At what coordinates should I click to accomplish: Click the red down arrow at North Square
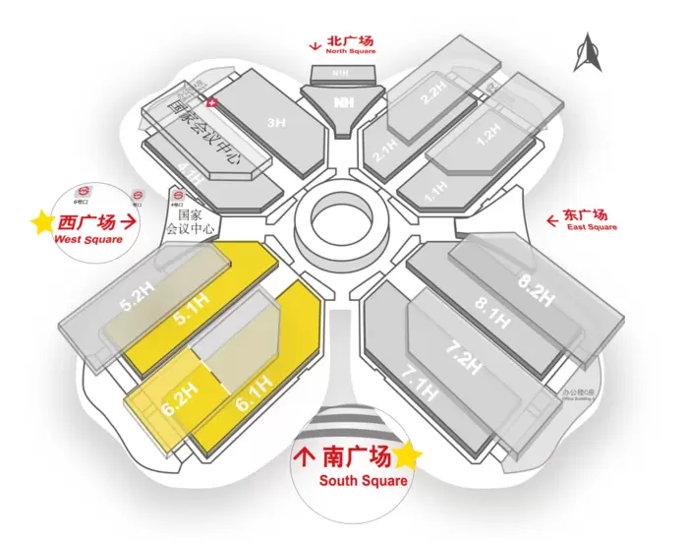click(313, 44)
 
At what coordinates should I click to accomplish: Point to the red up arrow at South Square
click(306, 457)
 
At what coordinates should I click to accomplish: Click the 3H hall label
click(276, 123)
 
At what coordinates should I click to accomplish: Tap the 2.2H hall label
click(433, 95)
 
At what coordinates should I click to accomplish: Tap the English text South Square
click(363, 480)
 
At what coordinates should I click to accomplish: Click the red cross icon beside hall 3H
click(212, 101)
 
